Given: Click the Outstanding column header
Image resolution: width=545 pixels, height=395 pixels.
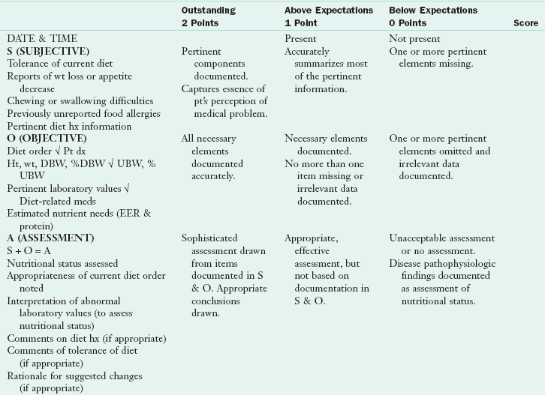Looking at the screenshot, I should (x=208, y=10).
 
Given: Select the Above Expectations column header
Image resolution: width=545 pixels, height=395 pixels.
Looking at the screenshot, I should (x=328, y=10).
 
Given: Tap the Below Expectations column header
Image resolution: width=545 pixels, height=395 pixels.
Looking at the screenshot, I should (x=432, y=10).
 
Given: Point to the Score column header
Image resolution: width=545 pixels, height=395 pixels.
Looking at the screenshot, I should (x=525, y=23).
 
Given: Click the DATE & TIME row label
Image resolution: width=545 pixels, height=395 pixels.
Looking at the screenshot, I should (x=42, y=38).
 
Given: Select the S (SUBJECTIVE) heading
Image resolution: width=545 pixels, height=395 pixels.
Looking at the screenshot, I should (x=48, y=51).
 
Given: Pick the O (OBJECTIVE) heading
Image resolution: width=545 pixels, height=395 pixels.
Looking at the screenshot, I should (x=47, y=139).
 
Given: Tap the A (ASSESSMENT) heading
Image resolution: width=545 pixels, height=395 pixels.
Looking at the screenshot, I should (x=50, y=238).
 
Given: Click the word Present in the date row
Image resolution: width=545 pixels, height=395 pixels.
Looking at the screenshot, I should (x=301, y=38).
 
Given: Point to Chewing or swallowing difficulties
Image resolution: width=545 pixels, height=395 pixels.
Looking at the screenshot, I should (x=80, y=100).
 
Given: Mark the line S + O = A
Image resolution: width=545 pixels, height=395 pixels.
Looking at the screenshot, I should (x=31, y=250).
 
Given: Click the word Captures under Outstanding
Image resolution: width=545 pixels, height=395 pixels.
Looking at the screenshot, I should (x=200, y=89).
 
